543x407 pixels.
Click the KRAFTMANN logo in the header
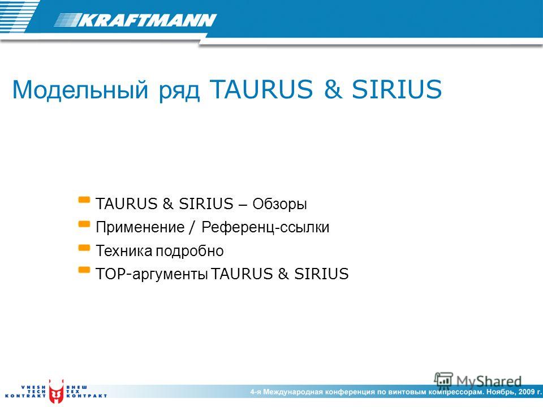point(136,20)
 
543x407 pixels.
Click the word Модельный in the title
point(80,90)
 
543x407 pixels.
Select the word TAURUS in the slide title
point(261,89)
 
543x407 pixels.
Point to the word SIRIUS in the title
point(397,89)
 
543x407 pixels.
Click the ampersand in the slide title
point(333,89)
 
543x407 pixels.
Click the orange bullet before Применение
point(84,224)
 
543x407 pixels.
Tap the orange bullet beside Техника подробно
point(84,248)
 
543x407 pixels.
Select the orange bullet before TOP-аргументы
point(84,270)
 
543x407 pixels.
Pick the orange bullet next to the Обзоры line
point(84,200)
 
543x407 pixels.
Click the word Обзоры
point(279,204)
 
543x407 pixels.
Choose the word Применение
point(140,227)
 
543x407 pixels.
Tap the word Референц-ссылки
point(265,227)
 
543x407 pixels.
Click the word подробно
point(189,251)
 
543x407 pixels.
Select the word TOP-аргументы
point(152,274)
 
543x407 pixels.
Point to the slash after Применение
point(193,227)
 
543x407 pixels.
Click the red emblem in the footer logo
point(56,392)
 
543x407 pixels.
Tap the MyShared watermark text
point(489,382)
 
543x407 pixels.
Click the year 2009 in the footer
point(527,392)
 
